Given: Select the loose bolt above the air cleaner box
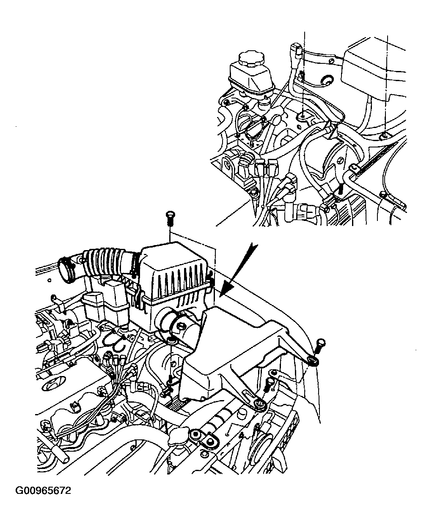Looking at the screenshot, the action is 171,218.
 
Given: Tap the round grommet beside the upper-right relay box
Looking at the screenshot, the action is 327,80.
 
